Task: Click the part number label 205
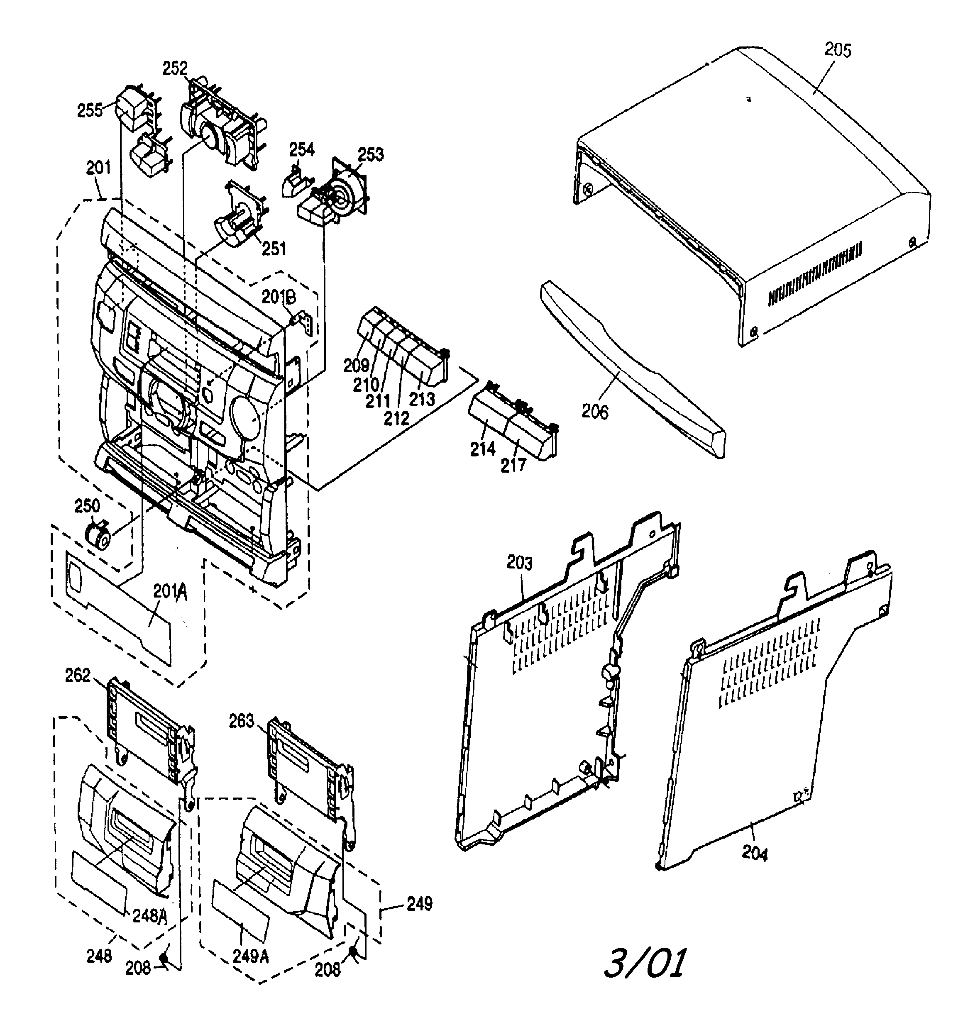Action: [837, 50]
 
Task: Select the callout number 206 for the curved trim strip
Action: [595, 412]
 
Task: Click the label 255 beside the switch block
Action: [90, 110]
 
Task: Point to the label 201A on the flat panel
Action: [170, 592]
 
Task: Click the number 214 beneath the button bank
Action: [482, 449]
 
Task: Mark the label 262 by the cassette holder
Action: [78, 675]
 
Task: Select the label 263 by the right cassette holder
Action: [242, 721]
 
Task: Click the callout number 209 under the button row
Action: [356, 365]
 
